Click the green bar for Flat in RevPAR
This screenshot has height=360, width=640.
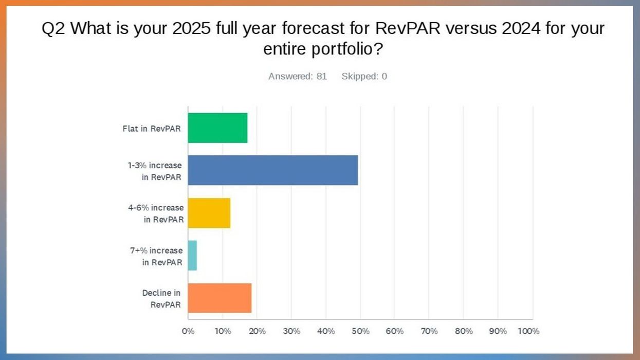pyautogui.click(x=217, y=128)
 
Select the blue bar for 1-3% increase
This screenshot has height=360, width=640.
pyautogui.click(x=272, y=170)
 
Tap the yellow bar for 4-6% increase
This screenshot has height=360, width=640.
pyautogui.click(x=209, y=213)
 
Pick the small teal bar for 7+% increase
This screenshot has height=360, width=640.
pyautogui.click(x=192, y=256)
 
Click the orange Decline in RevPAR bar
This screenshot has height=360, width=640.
pyautogui.click(x=220, y=298)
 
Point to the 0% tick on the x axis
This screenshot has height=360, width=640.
pyautogui.click(x=188, y=331)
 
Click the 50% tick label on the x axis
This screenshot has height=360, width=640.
pyautogui.click(x=360, y=331)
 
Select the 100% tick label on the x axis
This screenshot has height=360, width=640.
pyautogui.click(x=528, y=331)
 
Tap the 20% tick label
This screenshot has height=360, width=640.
pyautogui.click(x=257, y=331)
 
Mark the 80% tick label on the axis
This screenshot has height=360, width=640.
pyautogui.click(x=464, y=331)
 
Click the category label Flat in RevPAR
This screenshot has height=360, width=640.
pyautogui.click(x=152, y=129)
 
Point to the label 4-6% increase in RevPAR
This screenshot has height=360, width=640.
pyautogui.click(x=156, y=213)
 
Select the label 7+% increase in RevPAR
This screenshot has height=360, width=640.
pyautogui.click(x=156, y=256)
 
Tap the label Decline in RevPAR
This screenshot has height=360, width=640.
pyautogui.click(x=162, y=299)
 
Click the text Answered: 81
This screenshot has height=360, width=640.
pyautogui.click(x=298, y=77)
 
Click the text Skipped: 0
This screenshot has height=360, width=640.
pyautogui.click(x=364, y=77)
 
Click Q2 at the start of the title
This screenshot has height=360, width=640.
pyautogui.click(x=53, y=28)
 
